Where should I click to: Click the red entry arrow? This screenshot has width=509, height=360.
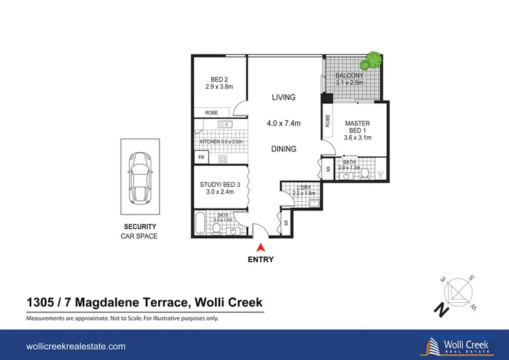pyautogui.click(x=261, y=248)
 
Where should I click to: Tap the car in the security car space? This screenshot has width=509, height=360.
pyautogui.click(x=140, y=178)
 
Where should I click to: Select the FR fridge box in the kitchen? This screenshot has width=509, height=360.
pyautogui.click(x=202, y=158)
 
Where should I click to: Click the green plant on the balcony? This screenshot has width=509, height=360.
pyautogui.click(x=372, y=60)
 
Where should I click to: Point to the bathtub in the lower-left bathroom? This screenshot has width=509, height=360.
pyautogui.click(x=200, y=223)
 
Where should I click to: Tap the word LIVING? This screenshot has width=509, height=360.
pyautogui.click(x=284, y=97)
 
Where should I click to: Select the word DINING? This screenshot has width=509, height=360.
pyautogui.click(x=284, y=149)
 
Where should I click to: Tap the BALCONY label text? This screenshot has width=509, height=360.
pyautogui.click(x=350, y=75)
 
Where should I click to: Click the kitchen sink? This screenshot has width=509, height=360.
pyautogui.click(x=225, y=124)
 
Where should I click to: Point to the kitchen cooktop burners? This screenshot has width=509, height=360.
pyautogui.click(x=223, y=159)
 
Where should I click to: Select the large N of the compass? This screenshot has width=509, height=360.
pyautogui.click(x=442, y=310)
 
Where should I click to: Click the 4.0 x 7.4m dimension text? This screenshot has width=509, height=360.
pyautogui.click(x=284, y=123)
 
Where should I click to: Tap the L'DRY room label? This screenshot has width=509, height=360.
pyautogui.click(x=304, y=187)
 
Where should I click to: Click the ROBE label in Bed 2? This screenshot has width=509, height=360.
pyautogui.click(x=212, y=113)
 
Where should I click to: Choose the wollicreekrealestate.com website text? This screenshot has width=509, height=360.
pyautogui.click(x=76, y=346)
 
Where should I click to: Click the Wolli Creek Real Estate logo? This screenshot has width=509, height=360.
pyautogui.click(x=457, y=346)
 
